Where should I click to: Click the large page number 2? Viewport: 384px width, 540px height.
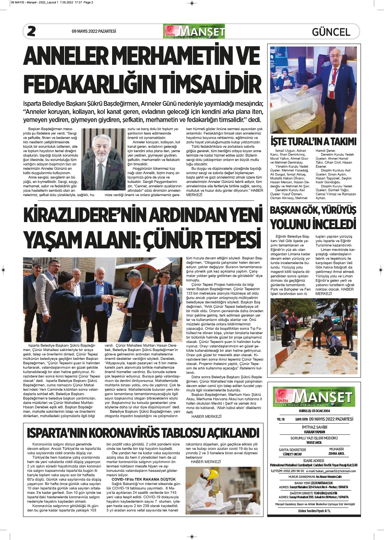tap(31, 31)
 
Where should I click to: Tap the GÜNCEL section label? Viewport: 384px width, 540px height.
tap(331, 32)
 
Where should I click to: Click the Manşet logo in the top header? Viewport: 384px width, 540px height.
tap(194, 31)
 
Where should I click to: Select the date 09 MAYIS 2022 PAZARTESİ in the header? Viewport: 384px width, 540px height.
tap(94, 31)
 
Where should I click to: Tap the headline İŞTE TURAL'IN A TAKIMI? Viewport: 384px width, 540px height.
tap(313, 141)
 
